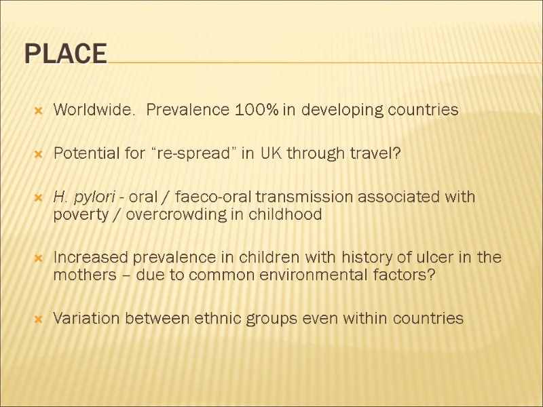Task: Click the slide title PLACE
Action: (x=66, y=54)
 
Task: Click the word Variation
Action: (x=82, y=319)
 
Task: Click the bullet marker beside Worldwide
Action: (x=39, y=111)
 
